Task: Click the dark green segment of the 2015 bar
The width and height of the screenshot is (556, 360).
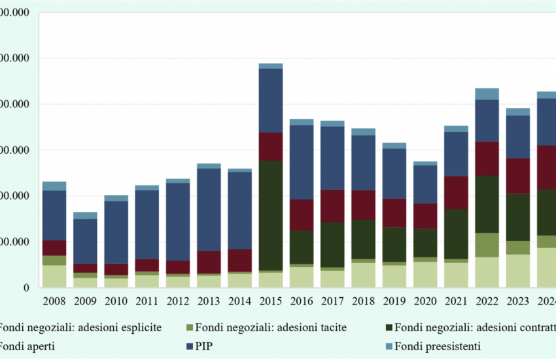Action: [270, 215]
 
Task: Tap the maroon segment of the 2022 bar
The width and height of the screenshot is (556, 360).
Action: [487, 158]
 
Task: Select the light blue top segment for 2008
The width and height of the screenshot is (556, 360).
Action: [54, 186]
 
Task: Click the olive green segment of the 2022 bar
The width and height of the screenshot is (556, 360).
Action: [487, 245]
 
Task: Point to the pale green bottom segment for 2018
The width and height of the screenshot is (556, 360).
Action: [363, 275]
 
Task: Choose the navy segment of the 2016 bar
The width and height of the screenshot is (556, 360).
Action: [302, 162]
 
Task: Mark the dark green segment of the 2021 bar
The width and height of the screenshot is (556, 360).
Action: [456, 234]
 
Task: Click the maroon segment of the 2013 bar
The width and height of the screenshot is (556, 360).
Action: [209, 262]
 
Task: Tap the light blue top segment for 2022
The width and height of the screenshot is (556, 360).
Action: [487, 94]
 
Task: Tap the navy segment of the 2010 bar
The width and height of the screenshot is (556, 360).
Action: [116, 232]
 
